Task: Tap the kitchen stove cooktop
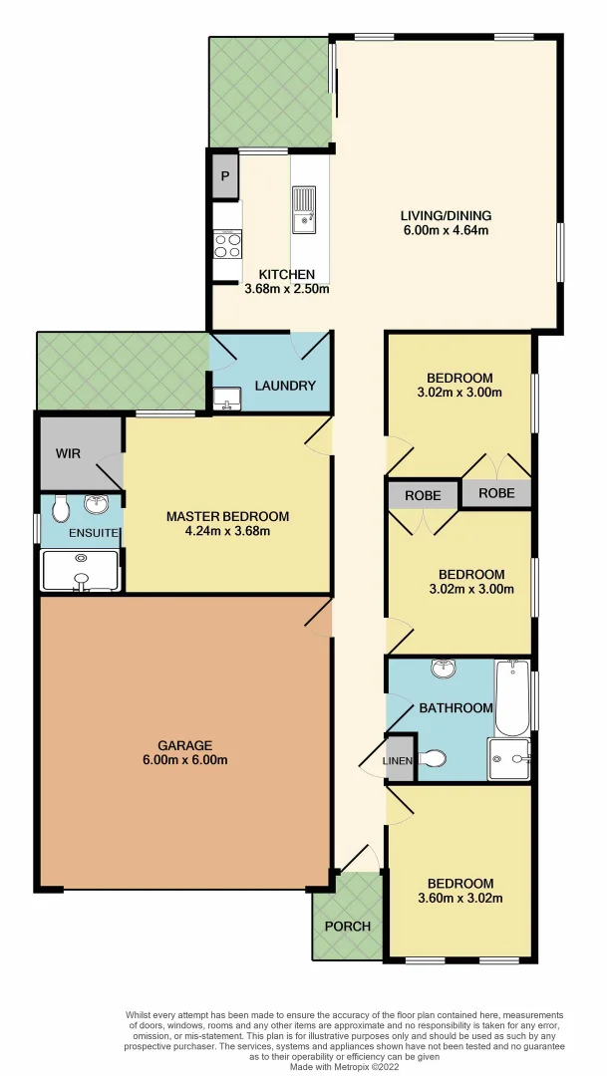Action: point(227,245)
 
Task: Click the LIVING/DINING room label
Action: point(446,215)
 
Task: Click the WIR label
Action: point(68,453)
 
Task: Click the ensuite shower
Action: point(79,571)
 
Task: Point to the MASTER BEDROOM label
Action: point(227,516)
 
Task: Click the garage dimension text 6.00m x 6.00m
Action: point(184,761)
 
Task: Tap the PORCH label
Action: point(348,926)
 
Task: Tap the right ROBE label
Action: point(495,493)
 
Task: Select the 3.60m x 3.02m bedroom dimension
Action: point(459,899)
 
